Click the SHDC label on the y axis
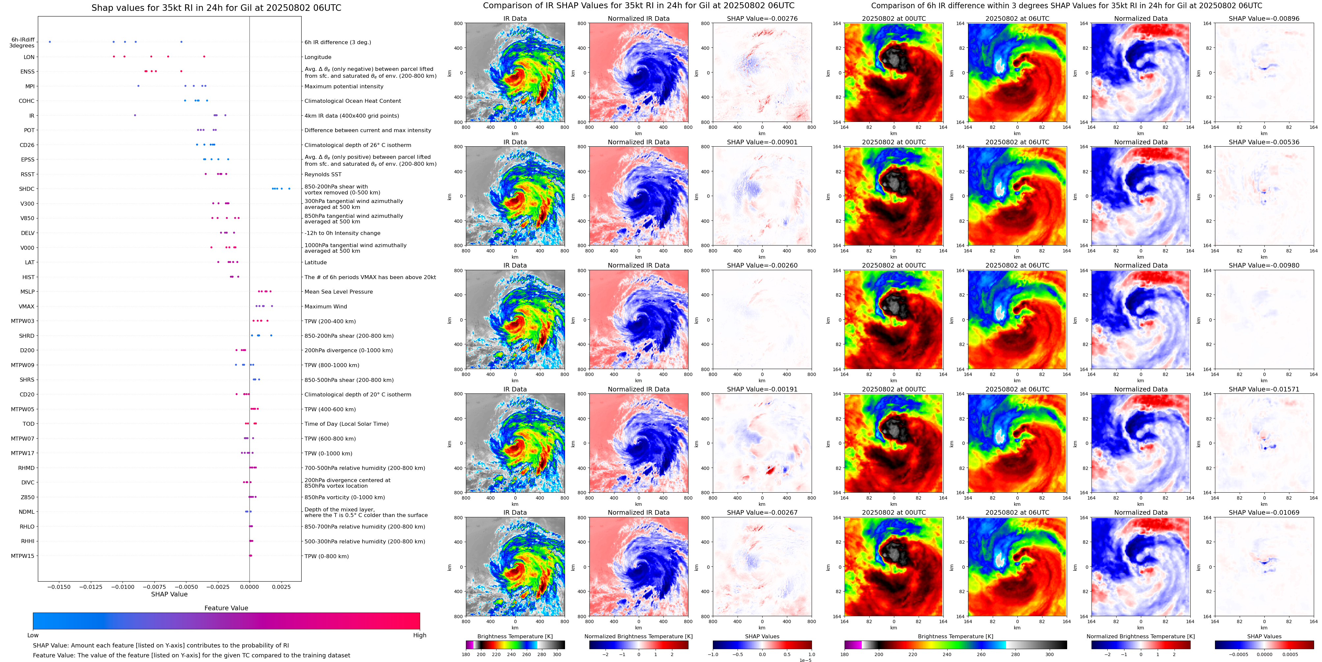(27, 189)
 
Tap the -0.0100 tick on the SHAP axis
(123, 587)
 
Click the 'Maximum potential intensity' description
(344, 86)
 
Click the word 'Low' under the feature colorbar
(33, 635)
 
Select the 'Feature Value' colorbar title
(226, 608)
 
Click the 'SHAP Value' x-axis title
(169, 594)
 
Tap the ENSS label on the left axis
(27, 72)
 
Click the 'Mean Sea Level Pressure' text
(339, 292)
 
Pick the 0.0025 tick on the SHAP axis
(281, 587)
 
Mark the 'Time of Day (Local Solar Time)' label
(346, 424)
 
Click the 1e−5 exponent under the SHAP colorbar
(805, 660)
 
